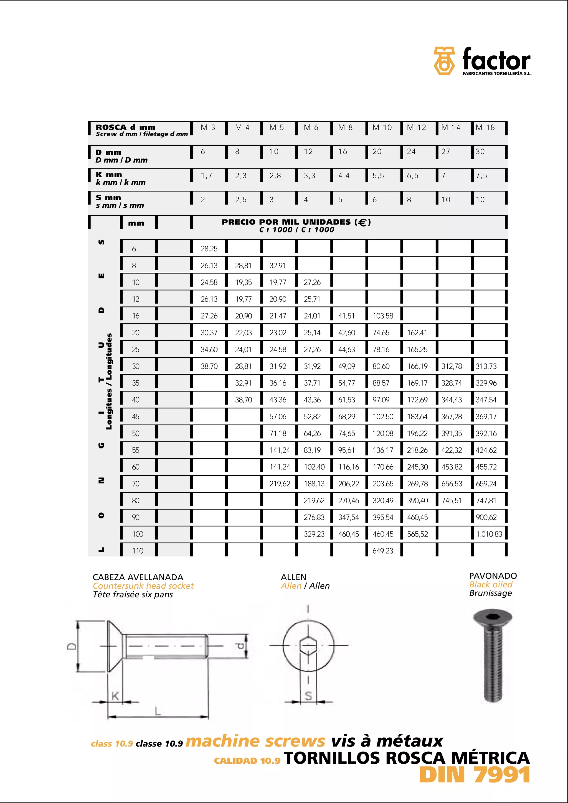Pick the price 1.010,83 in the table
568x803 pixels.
click(x=489, y=534)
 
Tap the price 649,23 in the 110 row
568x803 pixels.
click(x=382, y=551)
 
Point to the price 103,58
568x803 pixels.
click(x=382, y=316)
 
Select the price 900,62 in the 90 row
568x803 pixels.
click(x=486, y=517)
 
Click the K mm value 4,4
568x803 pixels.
click(x=343, y=176)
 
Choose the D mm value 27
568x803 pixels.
click(x=445, y=152)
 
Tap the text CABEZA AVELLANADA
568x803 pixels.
click(x=138, y=577)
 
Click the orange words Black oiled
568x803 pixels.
click(x=491, y=584)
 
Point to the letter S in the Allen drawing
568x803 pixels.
click(x=308, y=696)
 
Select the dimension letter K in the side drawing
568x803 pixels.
click(x=115, y=696)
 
